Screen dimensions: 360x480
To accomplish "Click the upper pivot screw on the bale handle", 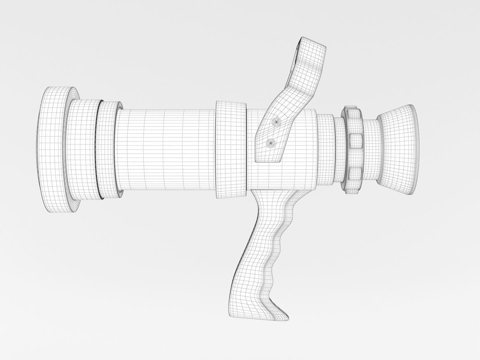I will [x=276, y=122].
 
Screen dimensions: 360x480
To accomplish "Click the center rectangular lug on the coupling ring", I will [x=356, y=140].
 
